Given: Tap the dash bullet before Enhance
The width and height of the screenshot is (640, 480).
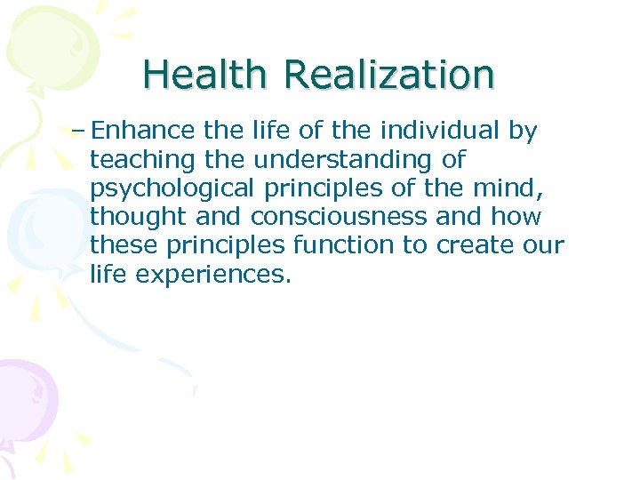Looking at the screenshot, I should pos(77,132).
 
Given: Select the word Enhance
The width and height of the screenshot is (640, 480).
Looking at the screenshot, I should pos(142,132).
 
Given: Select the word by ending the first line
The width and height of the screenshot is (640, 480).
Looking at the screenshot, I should pos(523,132).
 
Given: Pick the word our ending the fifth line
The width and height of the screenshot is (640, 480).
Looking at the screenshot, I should pos(544,246).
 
